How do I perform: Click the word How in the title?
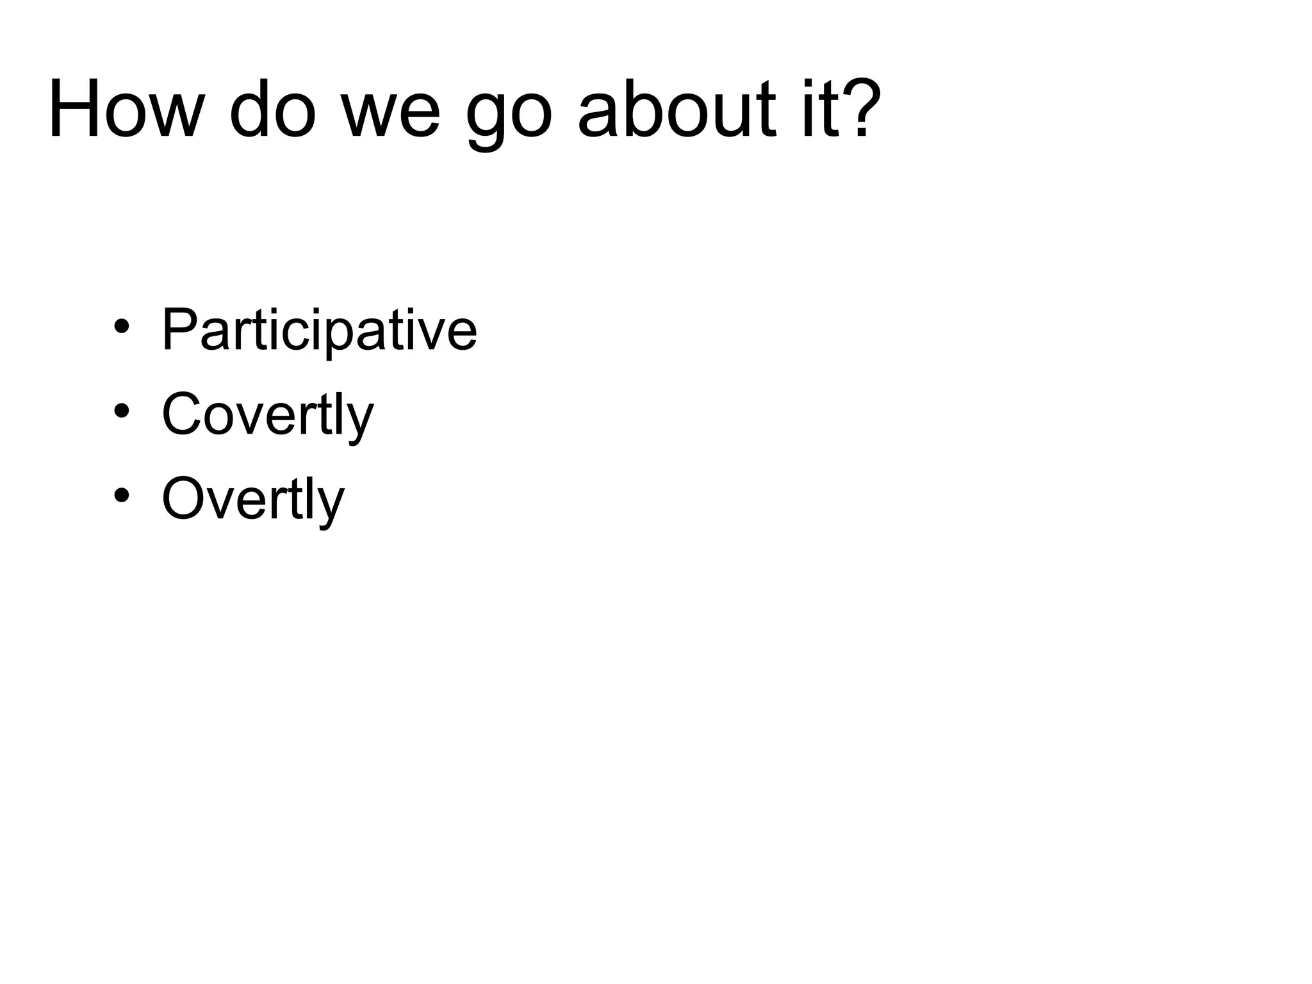tap(125, 110)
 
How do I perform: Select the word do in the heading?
tap(273, 110)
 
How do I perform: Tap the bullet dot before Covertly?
tap(122, 411)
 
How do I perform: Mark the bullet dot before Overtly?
tap(122, 495)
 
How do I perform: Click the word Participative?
tap(319, 330)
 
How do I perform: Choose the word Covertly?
tap(267, 414)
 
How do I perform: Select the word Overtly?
tap(253, 499)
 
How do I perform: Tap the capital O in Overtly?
tap(184, 498)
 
